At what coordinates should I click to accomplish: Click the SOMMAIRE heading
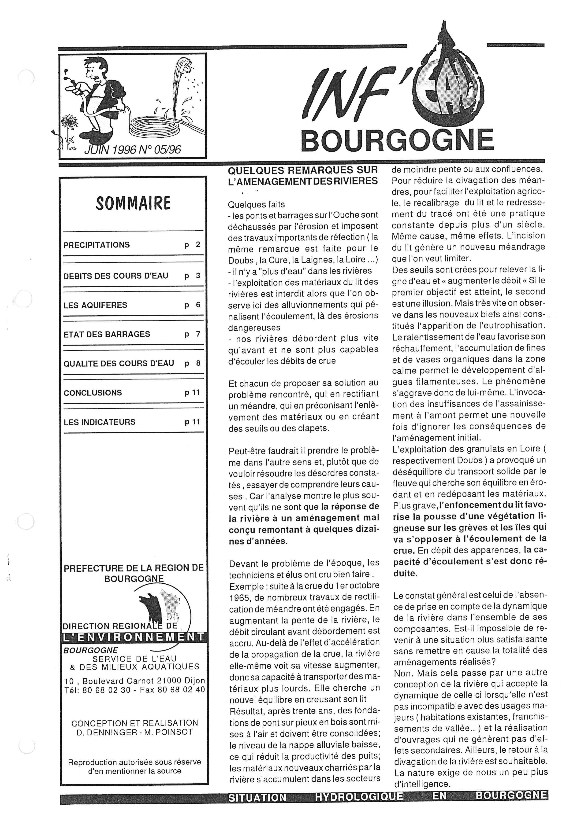point(133,203)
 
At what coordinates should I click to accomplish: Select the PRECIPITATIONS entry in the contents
point(96,245)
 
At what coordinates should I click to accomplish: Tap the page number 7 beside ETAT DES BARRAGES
point(198,334)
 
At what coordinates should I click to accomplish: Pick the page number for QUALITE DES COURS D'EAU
point(198,363)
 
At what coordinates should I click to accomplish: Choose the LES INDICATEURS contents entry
point(100,422)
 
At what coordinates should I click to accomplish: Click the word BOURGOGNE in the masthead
point(397,140)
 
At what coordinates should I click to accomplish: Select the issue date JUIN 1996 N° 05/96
point(132,149)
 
